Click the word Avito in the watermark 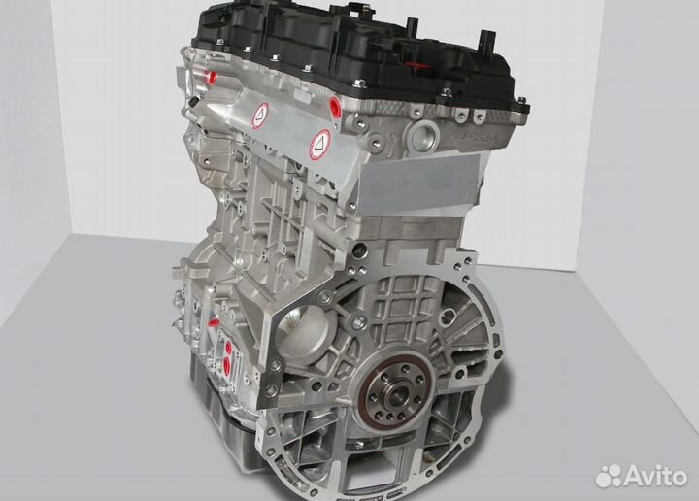click(655, 477)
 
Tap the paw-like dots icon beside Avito click(609, 476)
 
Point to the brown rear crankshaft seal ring click(397, 394)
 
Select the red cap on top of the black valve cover click(417, 67)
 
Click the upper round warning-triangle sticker click(261, 115)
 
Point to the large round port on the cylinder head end click(426, 135)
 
